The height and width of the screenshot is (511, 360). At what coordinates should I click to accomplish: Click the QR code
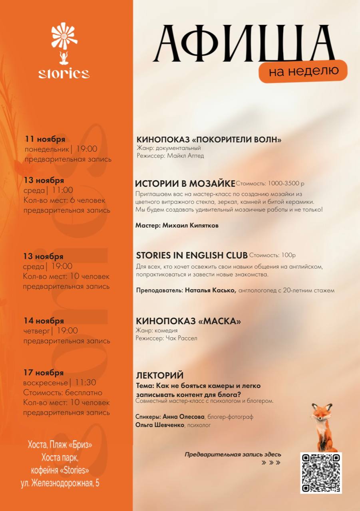pyautogui.click(x=321, y=473)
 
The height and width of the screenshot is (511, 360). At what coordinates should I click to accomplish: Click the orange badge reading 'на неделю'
pyautogui.click(x=303, y=71)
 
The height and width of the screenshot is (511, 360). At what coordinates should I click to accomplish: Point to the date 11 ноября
pyautogui.click(x=45, y=139)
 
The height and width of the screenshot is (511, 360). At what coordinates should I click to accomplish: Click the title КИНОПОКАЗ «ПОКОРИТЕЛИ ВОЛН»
pyautogui.click(x=209, y=139)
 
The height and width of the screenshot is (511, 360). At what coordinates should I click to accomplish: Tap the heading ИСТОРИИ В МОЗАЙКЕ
pyautogui.click(x=185, y=184)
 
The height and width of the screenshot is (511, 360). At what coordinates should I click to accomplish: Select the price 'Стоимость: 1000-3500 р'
pyautogui.click(x=270, y=184)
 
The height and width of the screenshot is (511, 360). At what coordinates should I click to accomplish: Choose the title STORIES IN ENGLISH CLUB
pyautogui.click(x=191, y=255)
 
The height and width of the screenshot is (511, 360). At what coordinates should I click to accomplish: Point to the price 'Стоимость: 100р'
pyautogui.click(x=272, y=255)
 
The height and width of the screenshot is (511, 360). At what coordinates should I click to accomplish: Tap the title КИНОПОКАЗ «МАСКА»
pyautogui.click(x=188, y=321)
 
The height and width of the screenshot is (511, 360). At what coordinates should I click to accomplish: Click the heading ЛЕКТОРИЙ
pyautogui.click(x=160, y=375)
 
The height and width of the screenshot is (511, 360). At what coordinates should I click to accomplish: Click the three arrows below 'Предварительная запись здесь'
pyautogui.click(x=271, y=463)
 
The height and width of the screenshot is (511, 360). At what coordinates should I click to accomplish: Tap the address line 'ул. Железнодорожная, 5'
pyautogui.click(x=60, y=483)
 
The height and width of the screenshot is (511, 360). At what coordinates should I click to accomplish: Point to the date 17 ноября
pyautogui.click(x=43, y=372)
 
